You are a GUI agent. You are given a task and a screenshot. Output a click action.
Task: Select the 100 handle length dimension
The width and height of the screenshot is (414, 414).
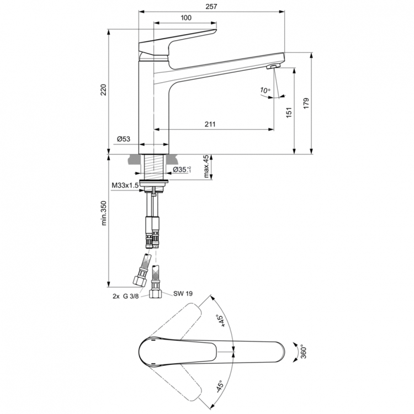(186, 18)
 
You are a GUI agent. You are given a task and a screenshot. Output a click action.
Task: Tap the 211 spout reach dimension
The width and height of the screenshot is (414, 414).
(210, 124)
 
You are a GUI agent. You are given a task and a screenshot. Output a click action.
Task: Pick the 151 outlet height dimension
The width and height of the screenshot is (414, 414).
(288, 113)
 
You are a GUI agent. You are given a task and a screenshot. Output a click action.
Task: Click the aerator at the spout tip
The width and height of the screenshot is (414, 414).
(273, 67)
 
